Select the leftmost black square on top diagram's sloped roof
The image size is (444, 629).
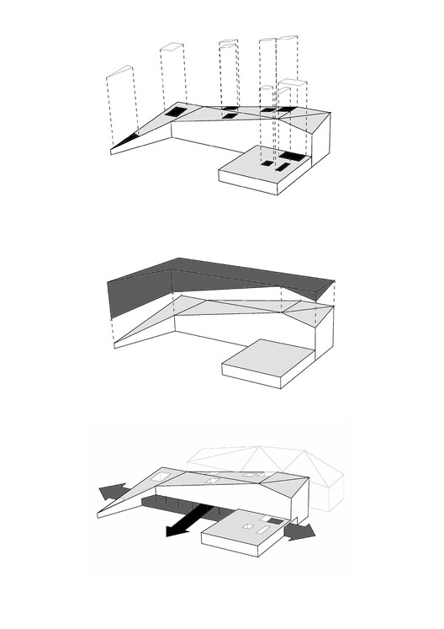(x=175, y=111)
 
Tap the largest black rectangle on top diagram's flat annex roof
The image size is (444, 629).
(x=293, y=157)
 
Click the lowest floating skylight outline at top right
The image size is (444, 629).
(x=269, y=88)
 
